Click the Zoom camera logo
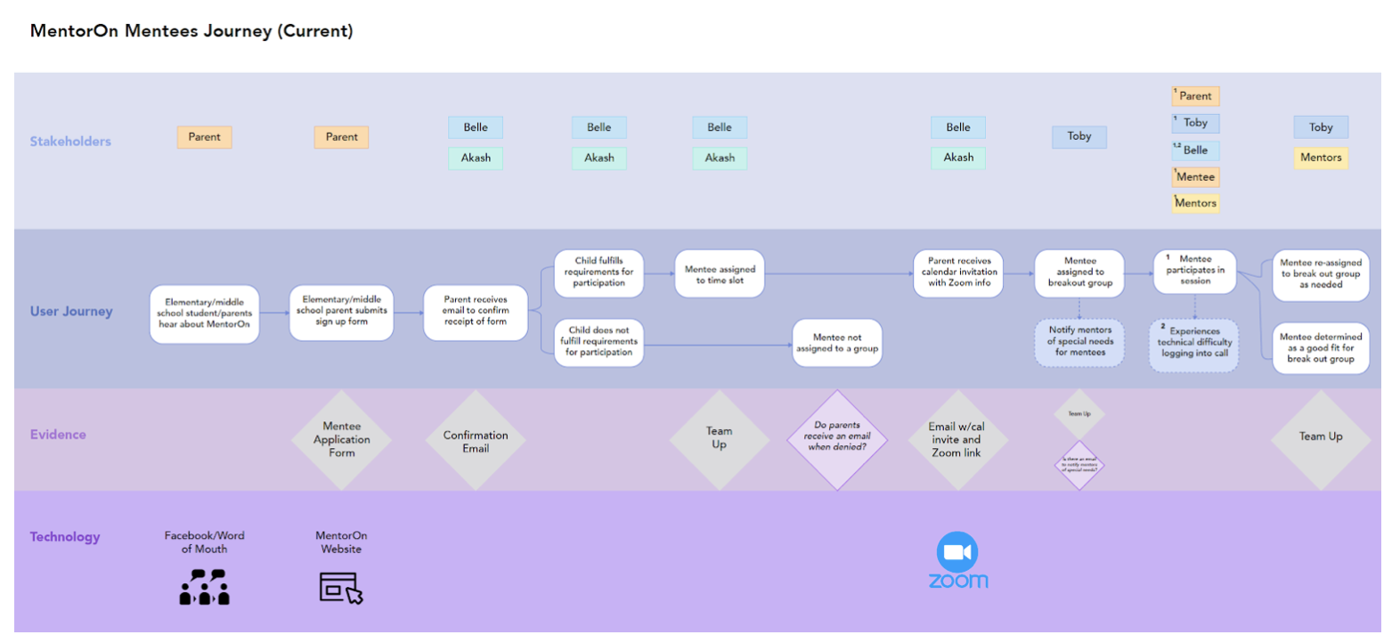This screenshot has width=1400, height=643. [957, 553]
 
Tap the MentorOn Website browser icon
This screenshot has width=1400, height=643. [341, 589]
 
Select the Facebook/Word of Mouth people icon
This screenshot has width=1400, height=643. [205, 588]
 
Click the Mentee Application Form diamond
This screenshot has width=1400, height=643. [342, 440]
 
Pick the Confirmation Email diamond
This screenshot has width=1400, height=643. [476, 441]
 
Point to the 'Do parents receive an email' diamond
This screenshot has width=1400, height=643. [837, 438]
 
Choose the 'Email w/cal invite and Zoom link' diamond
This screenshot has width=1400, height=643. [956, 440]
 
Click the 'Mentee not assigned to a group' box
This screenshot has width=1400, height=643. [837, 343]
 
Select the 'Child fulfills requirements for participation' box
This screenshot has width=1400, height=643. [598, 273]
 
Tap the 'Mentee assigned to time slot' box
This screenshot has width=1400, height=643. [720, 274]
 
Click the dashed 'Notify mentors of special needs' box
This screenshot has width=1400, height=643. [1079, 342]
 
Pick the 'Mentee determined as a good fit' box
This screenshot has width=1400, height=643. [1321, 348]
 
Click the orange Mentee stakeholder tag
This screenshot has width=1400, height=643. [1195, 177]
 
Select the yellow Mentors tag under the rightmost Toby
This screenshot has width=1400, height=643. [1321, 158]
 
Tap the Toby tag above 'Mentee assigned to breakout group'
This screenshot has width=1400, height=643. [1079, 136]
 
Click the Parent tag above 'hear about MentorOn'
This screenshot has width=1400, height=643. [204, 137]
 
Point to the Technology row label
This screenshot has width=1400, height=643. [65, 537]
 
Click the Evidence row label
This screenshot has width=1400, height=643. [58, 435]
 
